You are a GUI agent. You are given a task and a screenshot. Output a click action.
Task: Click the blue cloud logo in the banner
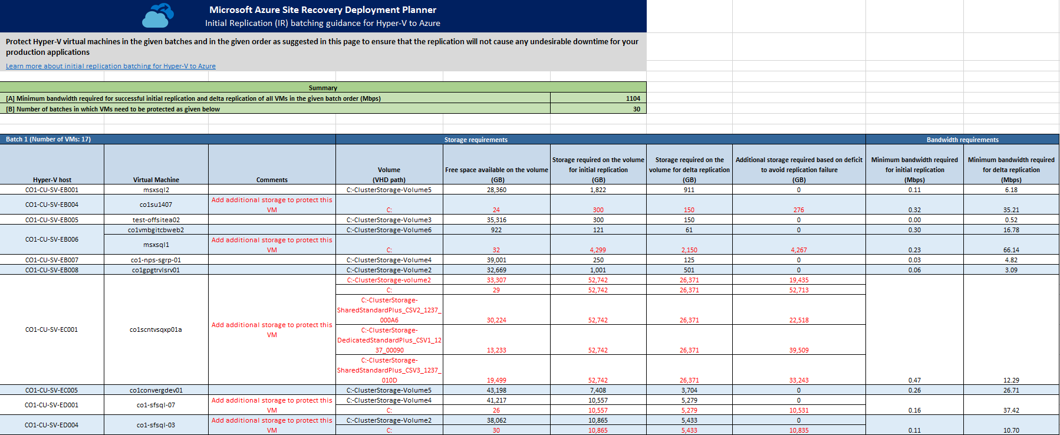(x=158, y=16)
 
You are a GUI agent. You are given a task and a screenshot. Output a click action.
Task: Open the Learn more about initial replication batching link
(x=111, y=66)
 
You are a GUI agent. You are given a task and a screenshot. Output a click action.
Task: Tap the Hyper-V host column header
(x=52, y=180)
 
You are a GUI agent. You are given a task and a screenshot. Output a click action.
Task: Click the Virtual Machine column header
(x=156, y=180)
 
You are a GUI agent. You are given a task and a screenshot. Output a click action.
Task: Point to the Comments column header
(x=272, y=180)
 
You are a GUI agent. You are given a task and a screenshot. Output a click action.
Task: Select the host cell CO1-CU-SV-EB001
(x=52, y=190)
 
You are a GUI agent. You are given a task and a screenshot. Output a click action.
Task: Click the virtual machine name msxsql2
(x=156, y=190)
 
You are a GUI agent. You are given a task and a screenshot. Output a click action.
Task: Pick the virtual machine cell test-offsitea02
(x=156, y=220)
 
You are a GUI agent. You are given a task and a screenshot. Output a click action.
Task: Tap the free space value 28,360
(x=496, y=190)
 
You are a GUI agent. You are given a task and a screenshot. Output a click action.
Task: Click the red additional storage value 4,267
(x=799, y=250)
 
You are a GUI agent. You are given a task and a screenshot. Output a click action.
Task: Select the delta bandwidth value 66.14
(x=1011, y=250)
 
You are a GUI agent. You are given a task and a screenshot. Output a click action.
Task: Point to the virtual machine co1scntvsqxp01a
(x=156, y=329)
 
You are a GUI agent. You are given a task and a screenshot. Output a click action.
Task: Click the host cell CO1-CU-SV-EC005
(x=52, y=390)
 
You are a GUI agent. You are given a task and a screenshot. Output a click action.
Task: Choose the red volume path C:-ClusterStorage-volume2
(x=389, y=280)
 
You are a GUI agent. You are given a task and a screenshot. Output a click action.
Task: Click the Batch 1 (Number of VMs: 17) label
(x=48, y=139)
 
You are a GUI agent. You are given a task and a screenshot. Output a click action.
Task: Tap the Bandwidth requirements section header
(x=962, y=140)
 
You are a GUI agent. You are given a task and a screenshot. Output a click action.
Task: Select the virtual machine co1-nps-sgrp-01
(x=156, y=260)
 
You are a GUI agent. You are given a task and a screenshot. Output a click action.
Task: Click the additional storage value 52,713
(x=799, y=290)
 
